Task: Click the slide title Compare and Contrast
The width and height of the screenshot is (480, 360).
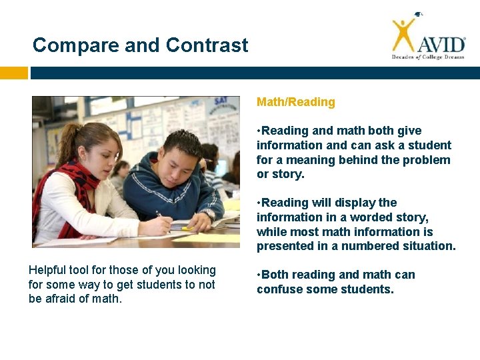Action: coord(140,45)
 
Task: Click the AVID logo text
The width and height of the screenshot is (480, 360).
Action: coord(441,44)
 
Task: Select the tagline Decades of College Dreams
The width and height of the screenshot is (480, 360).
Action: coord(427,57)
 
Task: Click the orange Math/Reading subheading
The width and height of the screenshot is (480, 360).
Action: coord(296,102)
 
